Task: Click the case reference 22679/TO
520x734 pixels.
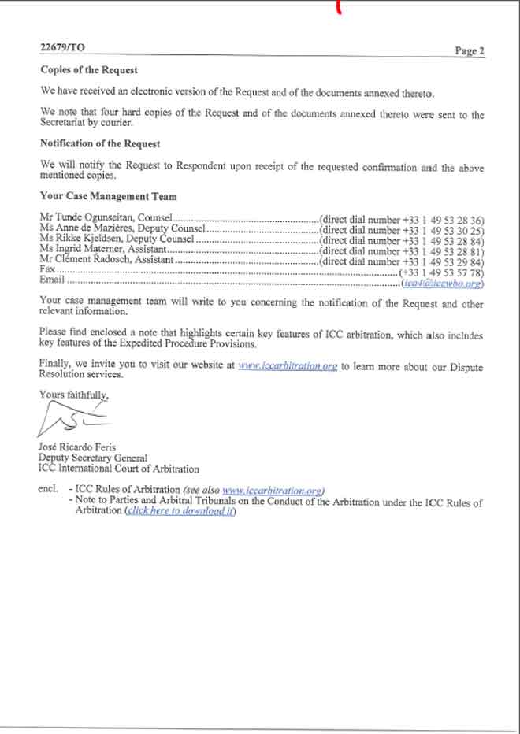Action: [x=62, y=47]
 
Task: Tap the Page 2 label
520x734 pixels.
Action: [x=470, y=51]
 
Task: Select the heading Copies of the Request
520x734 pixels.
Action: [x=89, y=69]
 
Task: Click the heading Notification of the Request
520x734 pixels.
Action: [x=100, y=144]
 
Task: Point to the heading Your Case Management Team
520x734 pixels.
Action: [x=109, y=196]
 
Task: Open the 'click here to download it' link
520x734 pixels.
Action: [x=180, y=510]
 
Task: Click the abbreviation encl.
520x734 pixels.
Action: [x=48, y=490]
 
